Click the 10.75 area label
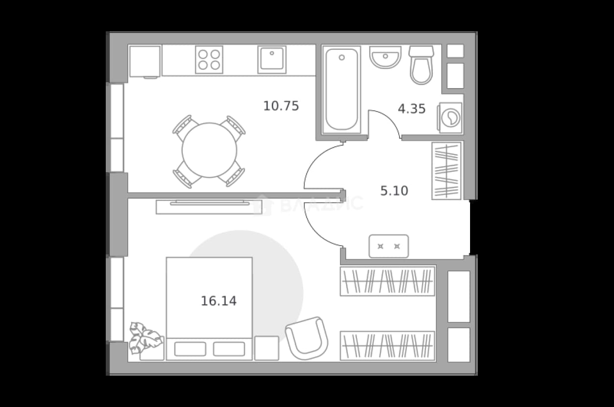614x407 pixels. [281, 106]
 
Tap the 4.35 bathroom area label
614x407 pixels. [412, 109]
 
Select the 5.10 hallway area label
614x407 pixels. [394, 191]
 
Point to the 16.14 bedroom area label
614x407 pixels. [218, 301]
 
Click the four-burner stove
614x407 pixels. [209, 60]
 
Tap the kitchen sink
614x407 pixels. [272, 60]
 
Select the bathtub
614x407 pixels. [342, 90]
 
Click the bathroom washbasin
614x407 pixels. [385, 57]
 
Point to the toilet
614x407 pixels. [421, 65]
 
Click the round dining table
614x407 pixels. [209, 150]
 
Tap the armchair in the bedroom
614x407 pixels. [307, 338]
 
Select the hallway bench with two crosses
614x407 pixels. [389, 246]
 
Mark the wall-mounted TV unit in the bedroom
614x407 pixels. [209, 207]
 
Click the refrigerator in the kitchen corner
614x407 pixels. [145, 62]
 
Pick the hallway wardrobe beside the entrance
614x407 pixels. [446, 171]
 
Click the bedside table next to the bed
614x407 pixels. [267, 348]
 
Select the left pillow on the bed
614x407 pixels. [190, 349]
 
